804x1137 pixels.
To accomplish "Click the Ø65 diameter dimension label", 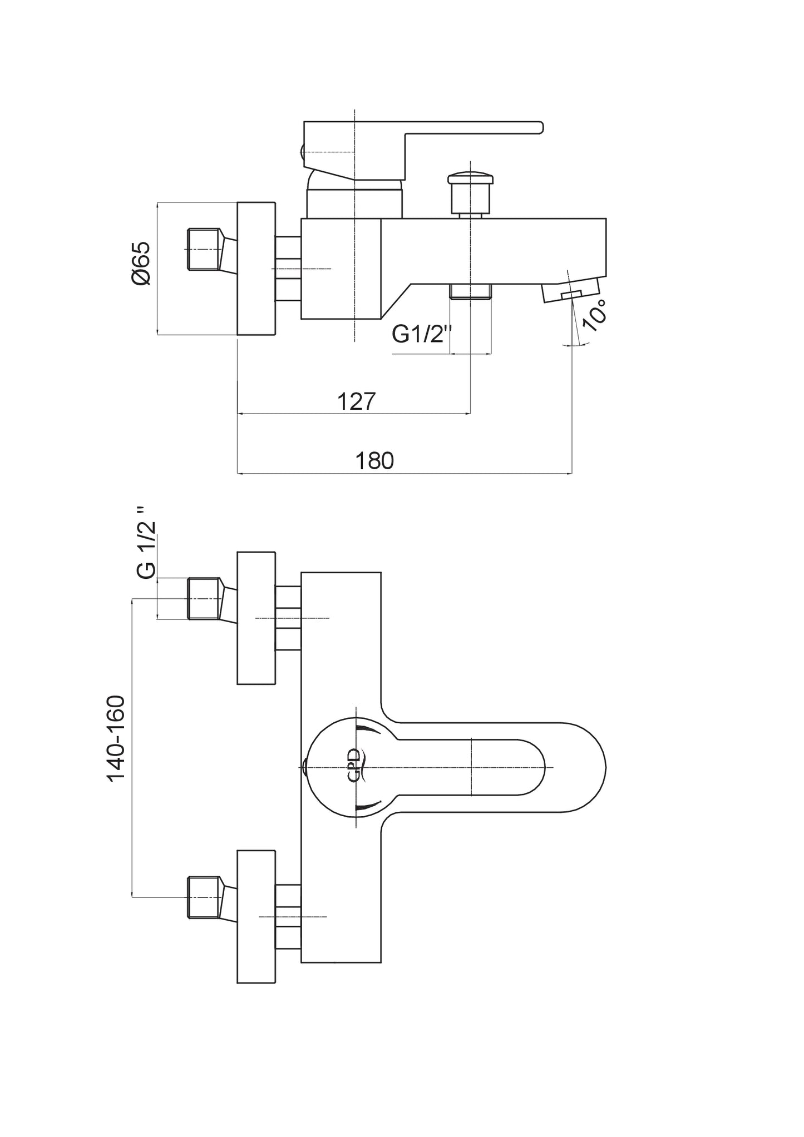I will coord(141,264).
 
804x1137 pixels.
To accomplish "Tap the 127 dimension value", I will coord(357,401).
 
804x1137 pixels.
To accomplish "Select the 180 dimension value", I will coord(374,461).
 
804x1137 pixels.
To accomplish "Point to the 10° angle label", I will coord(594,315).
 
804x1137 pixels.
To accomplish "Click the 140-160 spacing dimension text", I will coord(116,738).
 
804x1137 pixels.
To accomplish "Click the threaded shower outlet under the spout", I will coord(471,291).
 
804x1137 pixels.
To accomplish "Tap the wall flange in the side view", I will coord(257,269).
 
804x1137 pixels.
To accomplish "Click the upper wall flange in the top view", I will coord(257,618).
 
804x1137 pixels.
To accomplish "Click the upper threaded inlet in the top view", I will coord(205,599).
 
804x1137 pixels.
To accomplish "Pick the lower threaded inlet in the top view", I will coord(205,897).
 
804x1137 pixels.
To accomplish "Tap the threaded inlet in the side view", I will coord(204,250).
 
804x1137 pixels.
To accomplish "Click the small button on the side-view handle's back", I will coord(302,151).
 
